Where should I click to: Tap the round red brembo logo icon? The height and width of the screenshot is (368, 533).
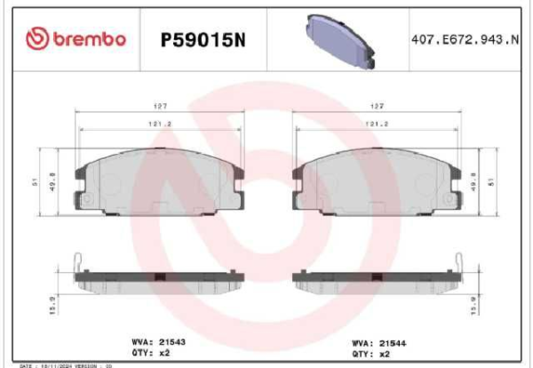click(37, 37)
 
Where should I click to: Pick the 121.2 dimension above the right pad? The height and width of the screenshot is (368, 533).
click(376, 124)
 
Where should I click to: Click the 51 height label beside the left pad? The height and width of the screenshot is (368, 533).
click(35, 183)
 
